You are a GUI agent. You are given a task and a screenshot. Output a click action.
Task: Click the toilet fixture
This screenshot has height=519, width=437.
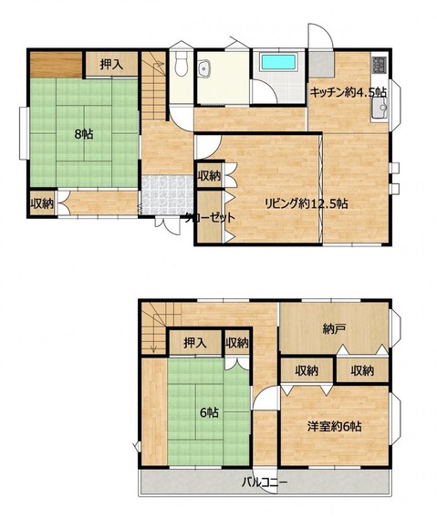[x=181, y=63]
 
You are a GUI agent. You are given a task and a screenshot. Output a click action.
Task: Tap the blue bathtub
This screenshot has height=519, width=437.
[x=278, y=62]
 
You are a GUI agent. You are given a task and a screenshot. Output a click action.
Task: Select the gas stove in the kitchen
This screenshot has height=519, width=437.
[x=379, y=65]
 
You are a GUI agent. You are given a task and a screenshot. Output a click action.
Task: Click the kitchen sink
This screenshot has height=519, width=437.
[x=380, y=108]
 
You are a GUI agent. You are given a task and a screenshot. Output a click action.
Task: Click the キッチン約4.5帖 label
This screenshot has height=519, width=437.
[x=348, y=92]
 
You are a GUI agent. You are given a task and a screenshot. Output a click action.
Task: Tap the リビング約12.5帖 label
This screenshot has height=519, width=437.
[x=307, y=203]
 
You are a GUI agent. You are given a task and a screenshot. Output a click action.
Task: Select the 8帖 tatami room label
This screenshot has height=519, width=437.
[x=83, y=134]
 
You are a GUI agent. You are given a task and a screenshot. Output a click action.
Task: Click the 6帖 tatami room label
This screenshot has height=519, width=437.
[x=209, y=412]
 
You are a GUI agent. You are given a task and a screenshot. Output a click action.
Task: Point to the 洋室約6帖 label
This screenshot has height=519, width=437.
[x=334, y=426]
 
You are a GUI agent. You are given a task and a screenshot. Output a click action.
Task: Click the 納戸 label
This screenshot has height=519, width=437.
[x=335, y=329]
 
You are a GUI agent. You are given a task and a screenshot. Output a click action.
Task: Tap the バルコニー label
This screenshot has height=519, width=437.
[x=264, y=482]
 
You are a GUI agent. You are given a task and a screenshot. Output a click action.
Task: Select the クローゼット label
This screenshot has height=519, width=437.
[x=210, y=217]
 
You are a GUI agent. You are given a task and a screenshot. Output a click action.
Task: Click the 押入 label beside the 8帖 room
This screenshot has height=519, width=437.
[x=111, y=65]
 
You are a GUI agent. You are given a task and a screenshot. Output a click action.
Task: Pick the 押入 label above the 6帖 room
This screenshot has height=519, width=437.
[x=195, y=343]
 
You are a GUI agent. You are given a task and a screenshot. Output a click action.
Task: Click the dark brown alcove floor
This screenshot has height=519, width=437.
[x=57, y=64]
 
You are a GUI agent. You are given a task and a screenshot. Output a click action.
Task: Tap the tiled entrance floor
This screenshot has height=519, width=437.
[x=167, y=195]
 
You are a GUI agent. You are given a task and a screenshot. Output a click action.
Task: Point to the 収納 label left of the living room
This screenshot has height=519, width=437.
[x=209, y=176]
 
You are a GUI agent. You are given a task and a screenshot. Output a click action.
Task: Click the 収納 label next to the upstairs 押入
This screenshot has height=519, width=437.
[x=236, y=343]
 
